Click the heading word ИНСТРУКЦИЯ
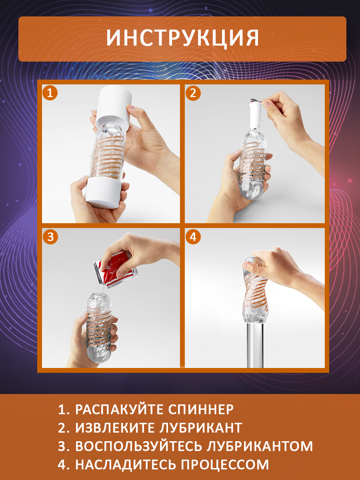point(182,38)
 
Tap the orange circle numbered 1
point(50,93)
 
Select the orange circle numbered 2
point(193,93)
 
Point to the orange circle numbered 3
point(50,237)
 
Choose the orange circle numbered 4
point(193,237)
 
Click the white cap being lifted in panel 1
point(114,106)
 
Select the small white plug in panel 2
point(256,115)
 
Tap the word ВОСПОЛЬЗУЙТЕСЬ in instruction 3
point(139,446)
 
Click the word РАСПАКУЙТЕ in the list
point(119,409)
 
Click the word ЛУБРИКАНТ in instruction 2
point(200,428)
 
